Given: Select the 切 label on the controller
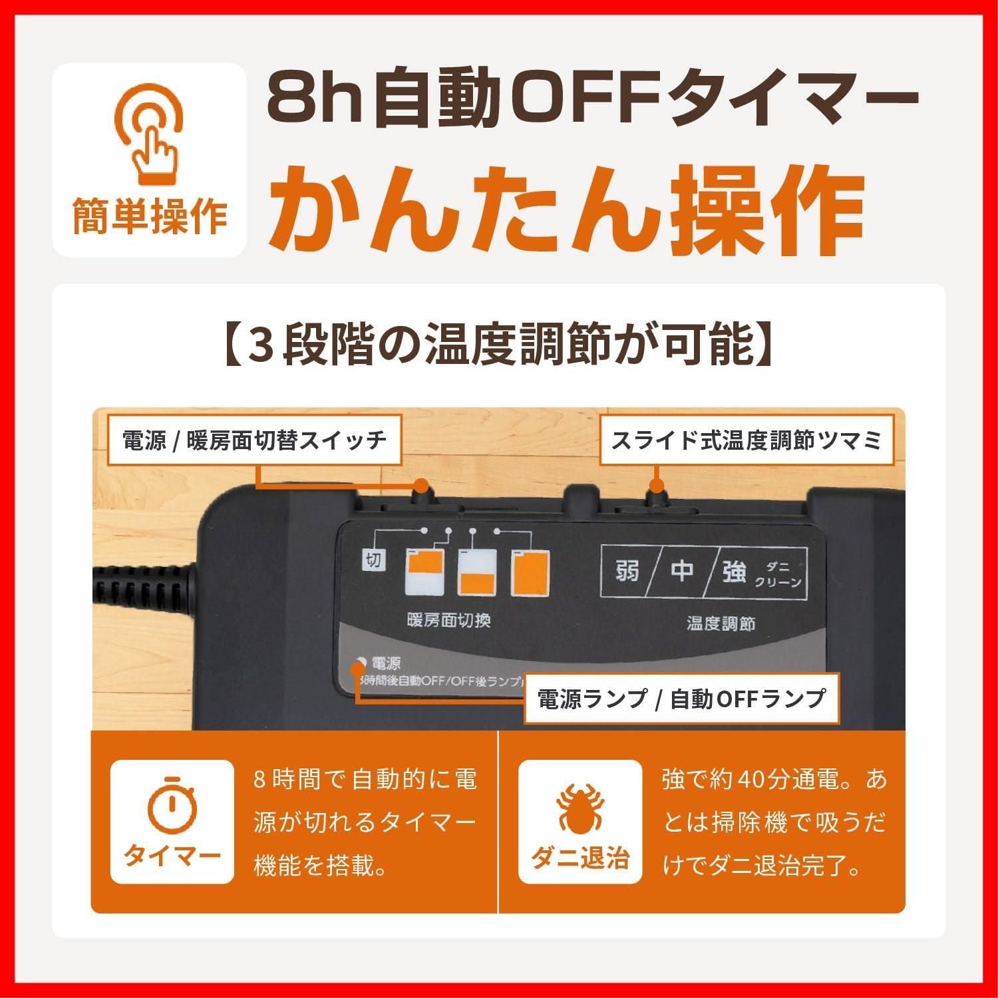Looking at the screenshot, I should tap(374, 560).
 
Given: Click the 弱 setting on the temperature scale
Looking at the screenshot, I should tap(627, 571).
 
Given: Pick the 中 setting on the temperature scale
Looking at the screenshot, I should tap(682, 571).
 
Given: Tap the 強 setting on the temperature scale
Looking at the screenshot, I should tap(734, 571).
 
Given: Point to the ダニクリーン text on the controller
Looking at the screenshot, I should tap(778, 574).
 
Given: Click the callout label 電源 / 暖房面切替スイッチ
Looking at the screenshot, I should tap(254, 440).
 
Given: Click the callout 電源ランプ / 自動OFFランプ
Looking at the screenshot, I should tap(681, 698).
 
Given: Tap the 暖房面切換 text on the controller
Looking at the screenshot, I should tap(448, 620).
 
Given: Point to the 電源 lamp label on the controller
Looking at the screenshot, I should tap(386, 663).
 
